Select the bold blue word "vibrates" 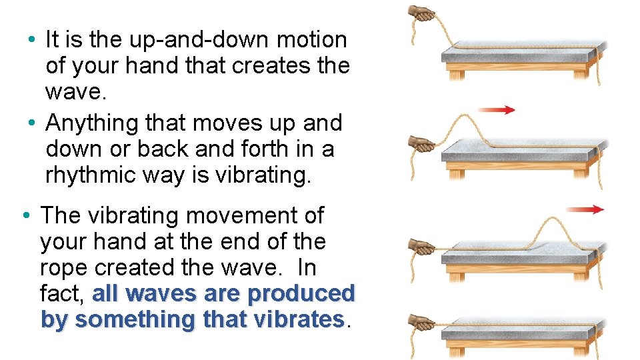point(301,320)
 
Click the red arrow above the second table point(497,110)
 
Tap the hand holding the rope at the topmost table point(422,13)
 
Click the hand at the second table point(421,142)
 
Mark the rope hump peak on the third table point(555,219)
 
